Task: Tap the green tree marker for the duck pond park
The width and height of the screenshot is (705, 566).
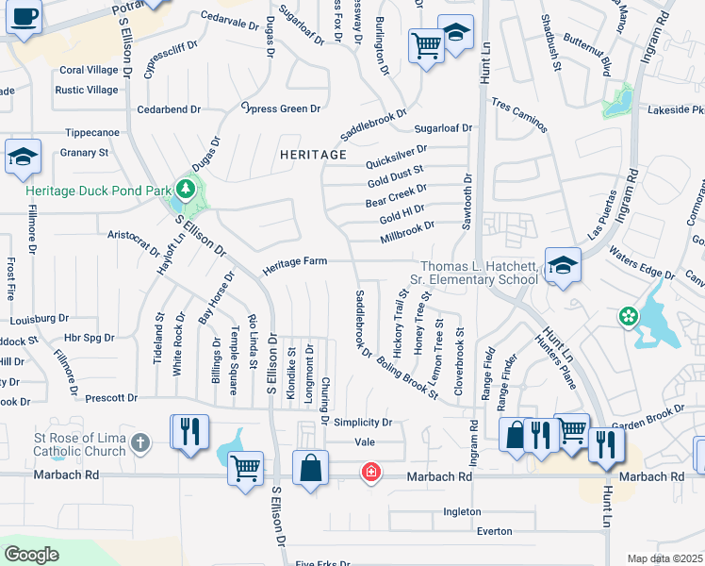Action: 186,190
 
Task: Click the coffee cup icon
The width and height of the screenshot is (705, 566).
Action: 25,17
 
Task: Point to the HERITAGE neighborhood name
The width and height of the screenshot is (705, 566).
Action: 313,154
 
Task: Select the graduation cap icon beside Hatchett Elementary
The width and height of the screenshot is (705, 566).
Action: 562,268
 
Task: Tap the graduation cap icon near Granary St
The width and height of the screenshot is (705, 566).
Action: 23,158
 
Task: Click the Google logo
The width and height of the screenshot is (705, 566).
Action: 31,554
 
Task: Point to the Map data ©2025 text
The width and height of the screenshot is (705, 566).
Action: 664,558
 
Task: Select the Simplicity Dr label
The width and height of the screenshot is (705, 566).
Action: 361,423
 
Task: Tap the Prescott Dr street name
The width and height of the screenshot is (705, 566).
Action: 110,398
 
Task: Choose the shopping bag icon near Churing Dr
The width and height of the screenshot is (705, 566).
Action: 311,469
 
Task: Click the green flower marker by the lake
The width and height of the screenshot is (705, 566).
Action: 628,318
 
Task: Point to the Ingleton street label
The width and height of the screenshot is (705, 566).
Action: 464,512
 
